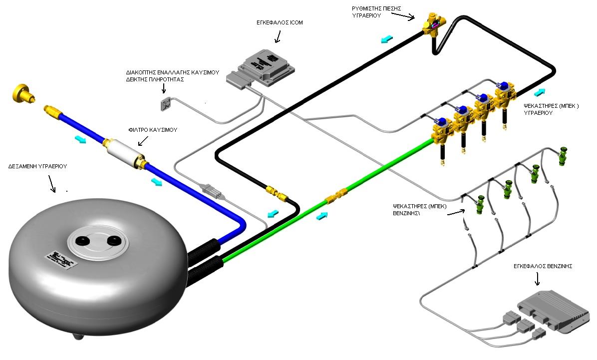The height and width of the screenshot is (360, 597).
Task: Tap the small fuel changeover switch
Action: click(x=165, y=105)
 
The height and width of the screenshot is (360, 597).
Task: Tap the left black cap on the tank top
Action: click(x=81, y=241)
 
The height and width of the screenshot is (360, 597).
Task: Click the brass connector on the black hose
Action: click(x=276, y=193)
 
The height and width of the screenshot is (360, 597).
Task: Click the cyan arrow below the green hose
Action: click(x=322, y=215)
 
